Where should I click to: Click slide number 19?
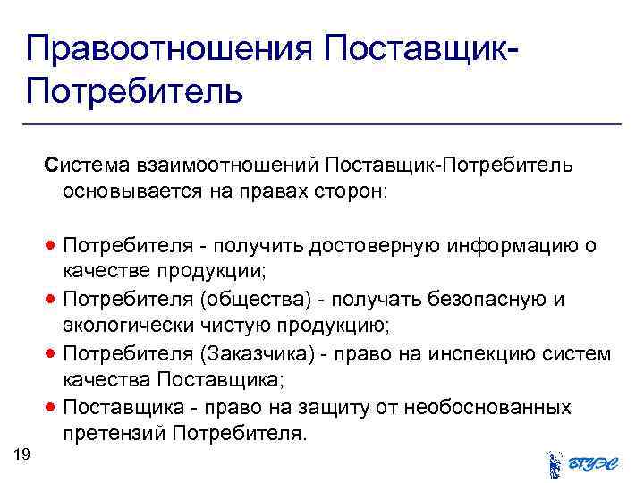pyautogui.click(x=23, y=455)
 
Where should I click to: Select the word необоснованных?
pyautogui.click(x=487, y=408)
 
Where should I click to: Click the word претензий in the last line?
pyautogui.click(x=114, y=435)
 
